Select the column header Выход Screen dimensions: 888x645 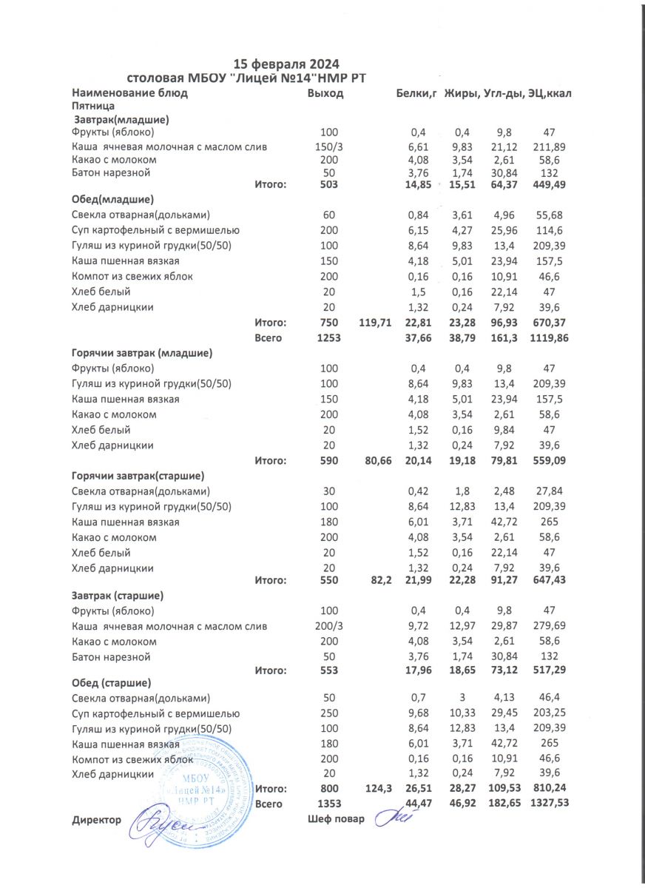326,93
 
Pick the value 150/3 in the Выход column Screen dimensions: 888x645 329,147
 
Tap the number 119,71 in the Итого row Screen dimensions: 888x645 374,323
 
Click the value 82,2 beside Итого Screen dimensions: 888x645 379,582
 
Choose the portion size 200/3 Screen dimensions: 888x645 329,627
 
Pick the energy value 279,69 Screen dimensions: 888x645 549,627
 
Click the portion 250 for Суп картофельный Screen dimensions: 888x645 329,713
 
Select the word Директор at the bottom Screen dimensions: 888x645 97,820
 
